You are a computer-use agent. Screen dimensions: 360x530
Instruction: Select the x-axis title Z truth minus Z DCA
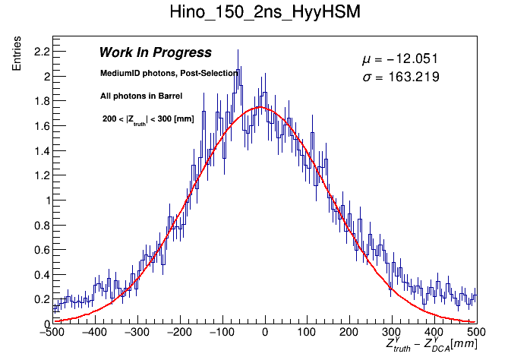click(431, 345)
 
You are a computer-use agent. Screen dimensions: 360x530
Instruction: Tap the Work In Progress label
click(155, 53)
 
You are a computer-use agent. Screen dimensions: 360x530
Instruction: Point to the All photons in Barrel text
click(141, 96)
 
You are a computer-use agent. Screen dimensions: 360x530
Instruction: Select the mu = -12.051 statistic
click(400, 59)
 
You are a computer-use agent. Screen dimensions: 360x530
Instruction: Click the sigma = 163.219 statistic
click(400, 77)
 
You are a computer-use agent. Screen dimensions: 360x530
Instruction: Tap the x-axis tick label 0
click(264, 333)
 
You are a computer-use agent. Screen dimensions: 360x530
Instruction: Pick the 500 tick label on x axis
click(476, 333)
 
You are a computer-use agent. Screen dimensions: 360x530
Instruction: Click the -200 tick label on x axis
click(179, 333)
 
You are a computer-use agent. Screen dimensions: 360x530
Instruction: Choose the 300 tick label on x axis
click(391, 333)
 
